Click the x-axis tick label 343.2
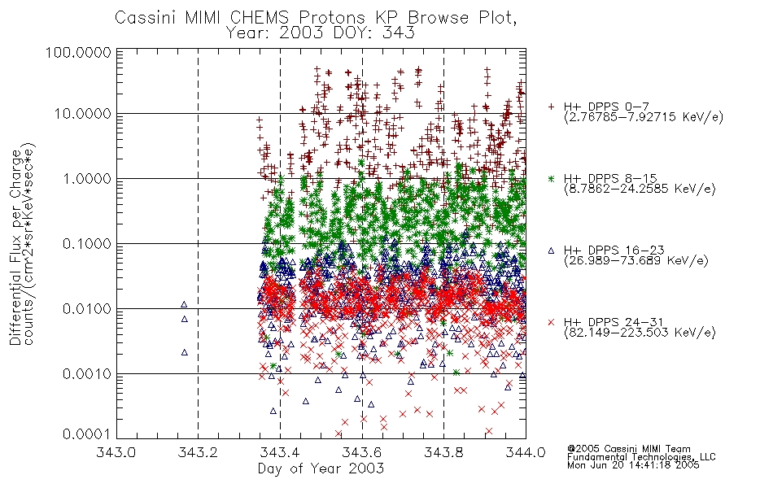click(199, 452)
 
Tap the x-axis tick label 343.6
click(362, 452)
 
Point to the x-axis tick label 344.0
click(526, 452)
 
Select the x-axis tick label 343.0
click(116, 452)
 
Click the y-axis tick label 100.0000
click(78, 52)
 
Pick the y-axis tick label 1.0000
click(87, 178)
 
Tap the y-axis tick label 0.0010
click(87, 373)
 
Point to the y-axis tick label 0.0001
click(87, 434)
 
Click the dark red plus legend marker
click(551, 107)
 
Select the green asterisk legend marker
click(551, 178)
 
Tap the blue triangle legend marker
click(551, 251)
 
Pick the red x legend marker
click(551, 322)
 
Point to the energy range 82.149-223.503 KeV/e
click(640, 332)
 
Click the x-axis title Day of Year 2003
click(321, 468)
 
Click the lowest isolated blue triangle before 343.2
click(185, 352)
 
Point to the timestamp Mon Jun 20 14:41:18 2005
click(633, 465)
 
